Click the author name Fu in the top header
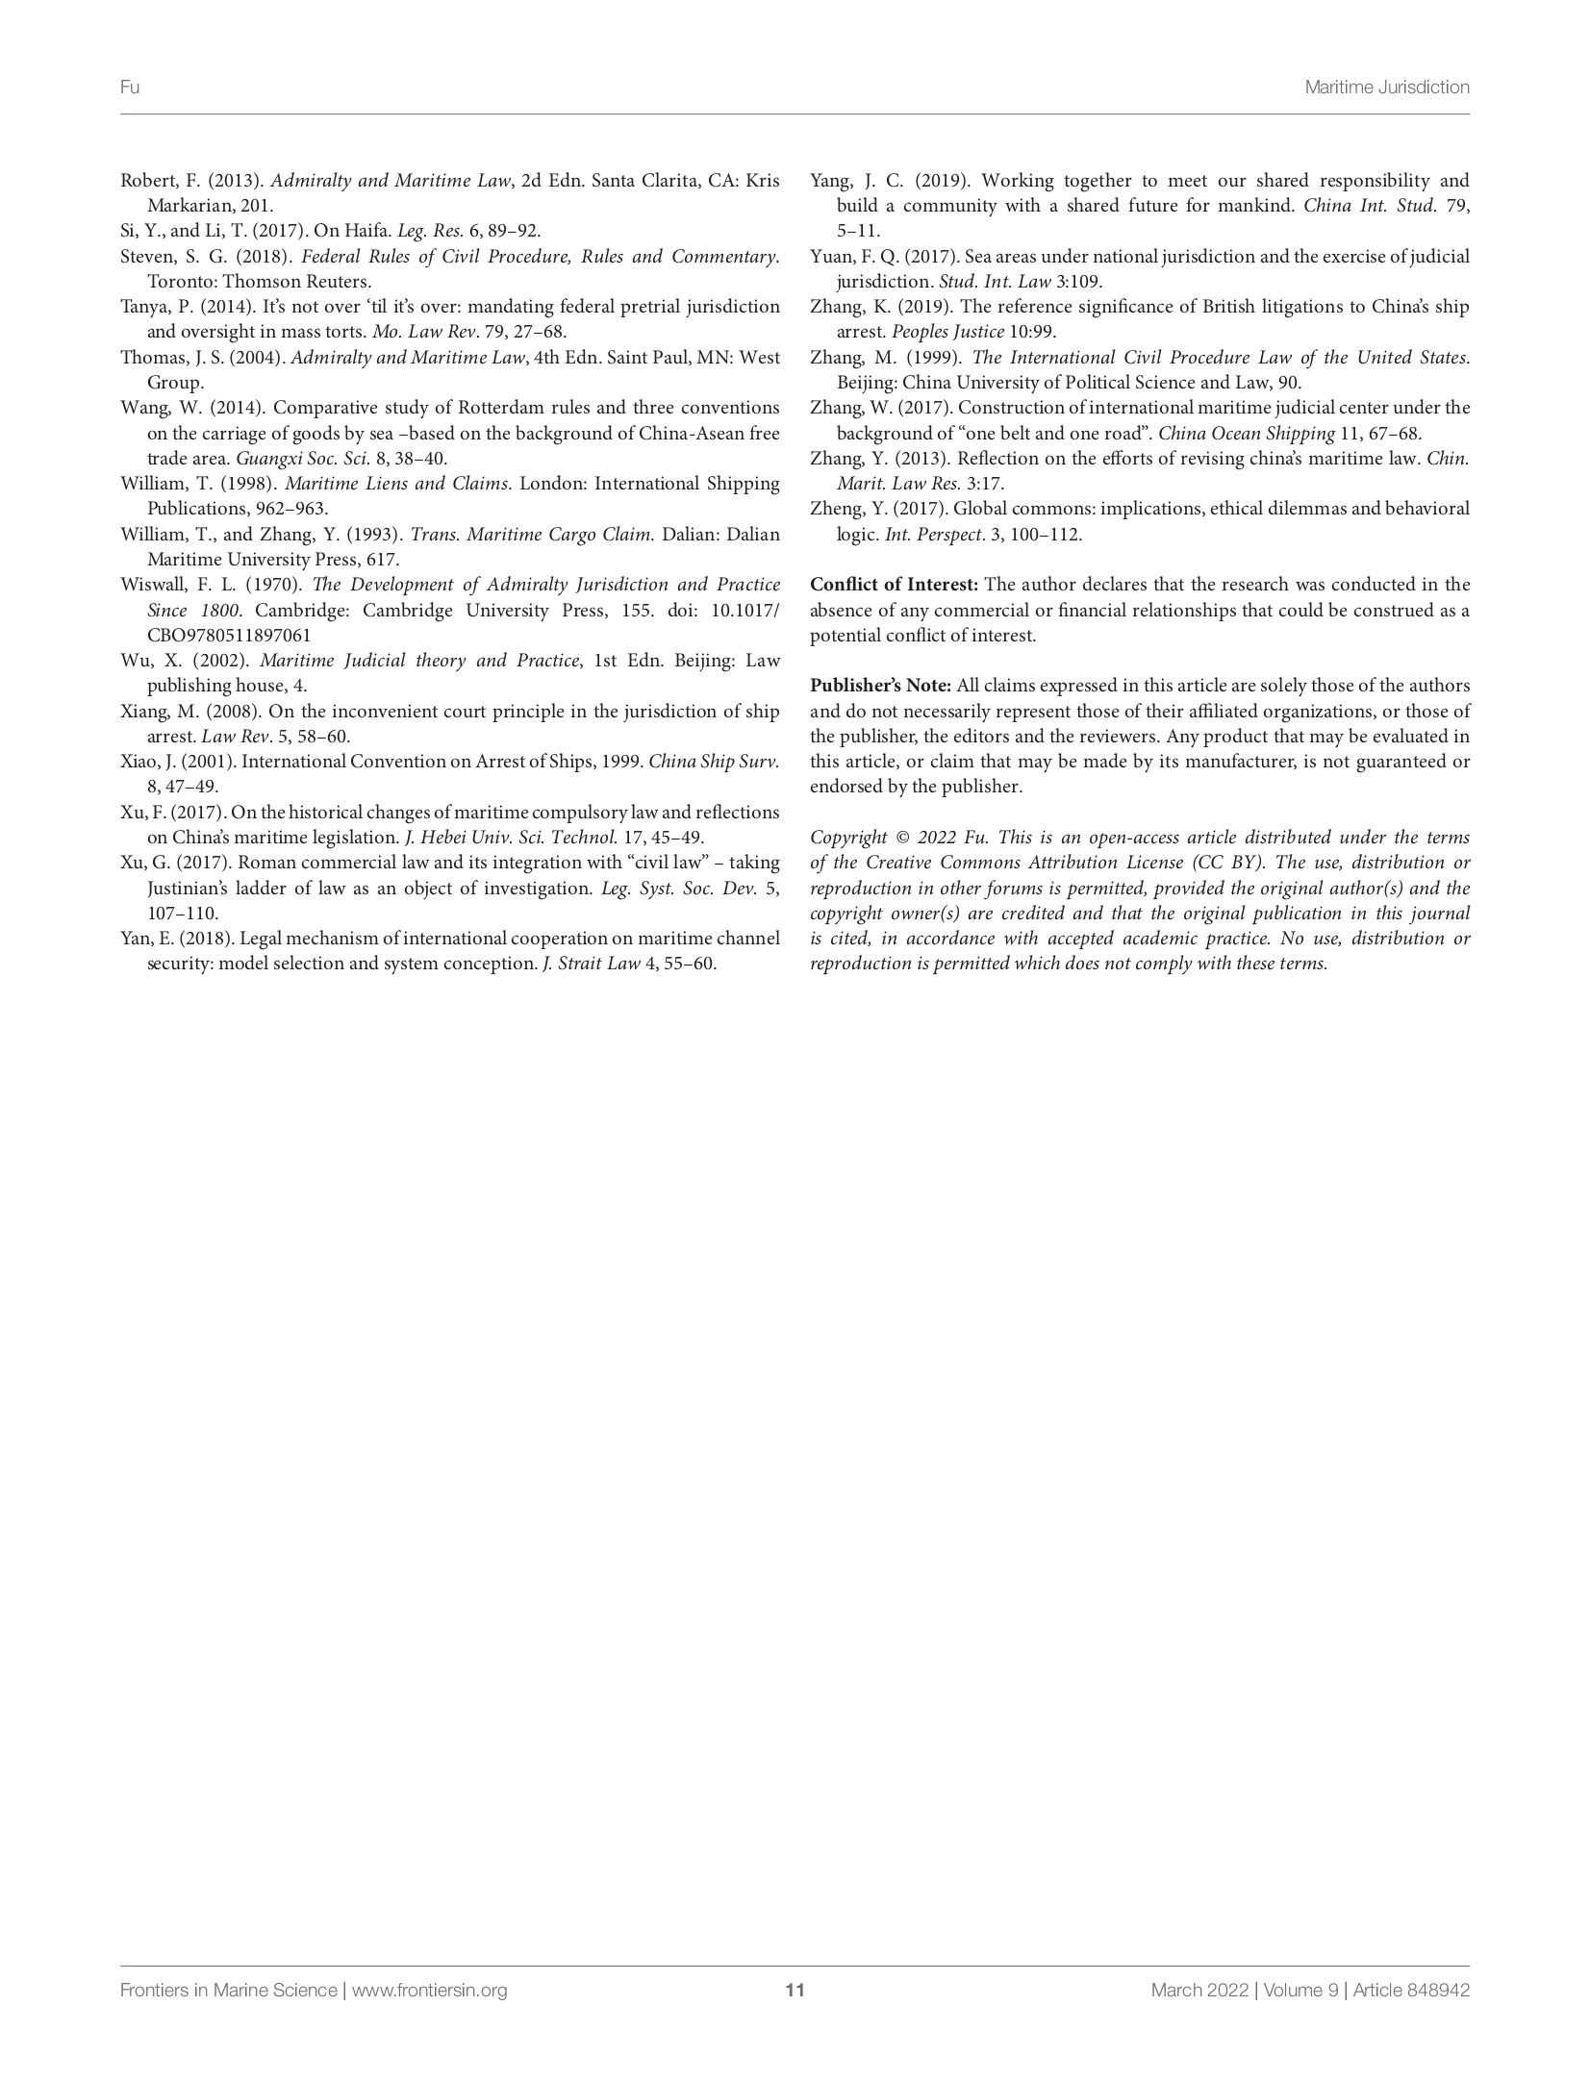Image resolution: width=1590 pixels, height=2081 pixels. coord(130,88)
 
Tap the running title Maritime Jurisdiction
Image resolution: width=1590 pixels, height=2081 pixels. coord(1386,88)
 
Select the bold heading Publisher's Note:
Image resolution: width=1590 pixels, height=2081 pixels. coord(880,686)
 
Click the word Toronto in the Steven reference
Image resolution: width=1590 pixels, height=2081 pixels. coord(180,282)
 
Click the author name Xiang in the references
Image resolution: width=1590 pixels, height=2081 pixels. coord(143,712)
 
